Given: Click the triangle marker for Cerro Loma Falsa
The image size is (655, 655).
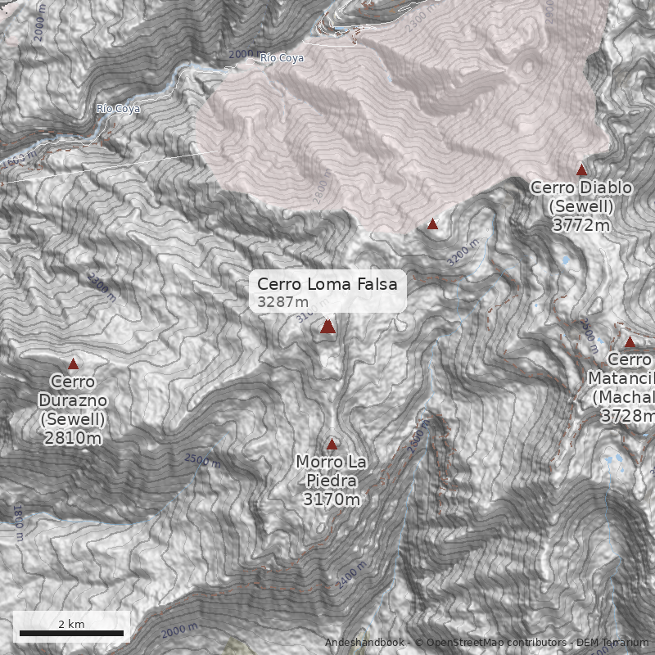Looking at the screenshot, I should pos(327,327).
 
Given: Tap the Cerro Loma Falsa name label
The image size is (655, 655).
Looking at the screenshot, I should pos(327,284).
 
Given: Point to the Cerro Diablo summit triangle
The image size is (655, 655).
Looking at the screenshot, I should pos(582,170).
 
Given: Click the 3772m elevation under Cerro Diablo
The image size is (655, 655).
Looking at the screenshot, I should pos(581,226).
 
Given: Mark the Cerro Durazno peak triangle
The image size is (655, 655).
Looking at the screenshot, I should pos(73,364).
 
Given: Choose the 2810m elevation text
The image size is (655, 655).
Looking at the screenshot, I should pos(73,438).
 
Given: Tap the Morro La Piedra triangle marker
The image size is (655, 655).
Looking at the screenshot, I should pos(332,445).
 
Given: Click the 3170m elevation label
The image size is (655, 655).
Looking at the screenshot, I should pos(331,499).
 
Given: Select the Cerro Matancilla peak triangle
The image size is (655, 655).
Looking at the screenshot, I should pos(630,342).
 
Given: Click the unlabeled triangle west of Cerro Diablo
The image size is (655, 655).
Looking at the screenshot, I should pos(432,224).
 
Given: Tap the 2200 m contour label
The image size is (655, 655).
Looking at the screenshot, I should pos(102,287).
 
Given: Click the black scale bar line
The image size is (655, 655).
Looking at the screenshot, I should pos(71,634).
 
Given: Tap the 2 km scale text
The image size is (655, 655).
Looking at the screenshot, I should pos(71,624).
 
